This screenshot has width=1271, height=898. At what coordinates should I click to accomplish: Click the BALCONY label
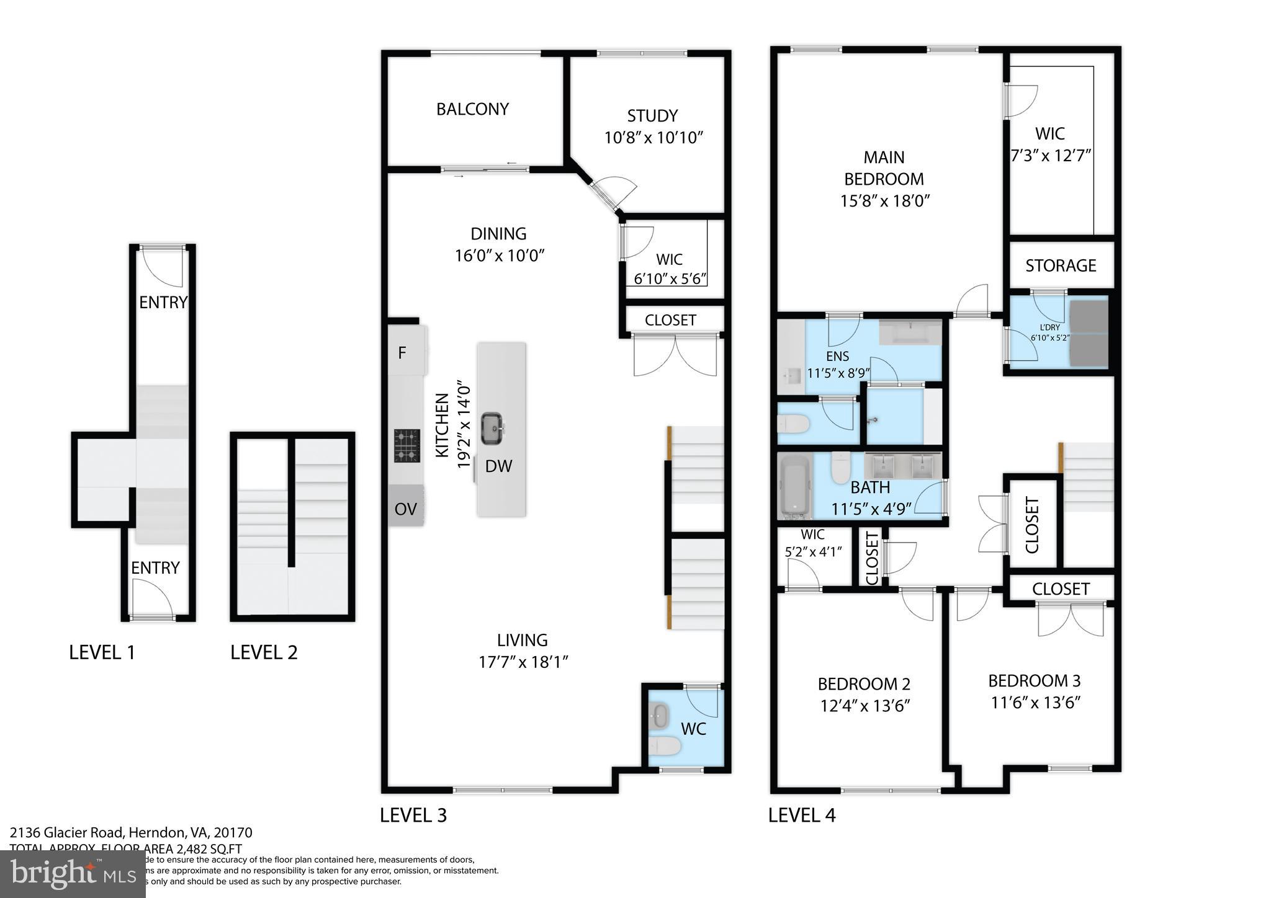click(x=472, y=109)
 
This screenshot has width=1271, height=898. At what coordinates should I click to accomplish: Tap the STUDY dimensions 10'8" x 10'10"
click(x=653, y=138)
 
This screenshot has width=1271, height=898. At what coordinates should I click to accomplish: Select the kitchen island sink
click(x=492, y=428)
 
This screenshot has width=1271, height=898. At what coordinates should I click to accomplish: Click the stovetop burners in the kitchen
click(x=406, y=446)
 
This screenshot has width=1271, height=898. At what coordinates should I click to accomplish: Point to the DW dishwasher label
click(x=498, y=467)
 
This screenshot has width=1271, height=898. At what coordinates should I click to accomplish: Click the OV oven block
click(x=405, y=509)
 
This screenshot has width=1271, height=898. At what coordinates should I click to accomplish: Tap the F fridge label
click(x=402, y=353)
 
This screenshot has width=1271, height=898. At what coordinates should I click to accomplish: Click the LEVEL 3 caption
click(x=413, y=815)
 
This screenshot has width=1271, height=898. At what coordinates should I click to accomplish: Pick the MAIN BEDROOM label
click(x=884, y=168)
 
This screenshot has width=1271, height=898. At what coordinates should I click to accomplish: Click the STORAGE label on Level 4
click(x=1061, y=266)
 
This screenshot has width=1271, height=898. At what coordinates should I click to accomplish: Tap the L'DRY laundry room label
click(x=1049, y=327)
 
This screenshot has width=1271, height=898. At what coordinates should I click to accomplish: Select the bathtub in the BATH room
click(x=794, y=487)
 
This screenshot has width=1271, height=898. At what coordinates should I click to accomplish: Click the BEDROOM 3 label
click(x=1034, y=681)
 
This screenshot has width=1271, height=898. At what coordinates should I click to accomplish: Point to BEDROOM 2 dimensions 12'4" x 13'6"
click(x=865, y=706)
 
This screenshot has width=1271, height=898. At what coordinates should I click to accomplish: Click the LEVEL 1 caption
click(x=102, y=652)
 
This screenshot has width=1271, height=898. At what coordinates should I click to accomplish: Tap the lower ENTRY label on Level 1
click(x=155, y=568)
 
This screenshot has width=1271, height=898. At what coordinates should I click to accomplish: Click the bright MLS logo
click(x=73, y=874)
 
